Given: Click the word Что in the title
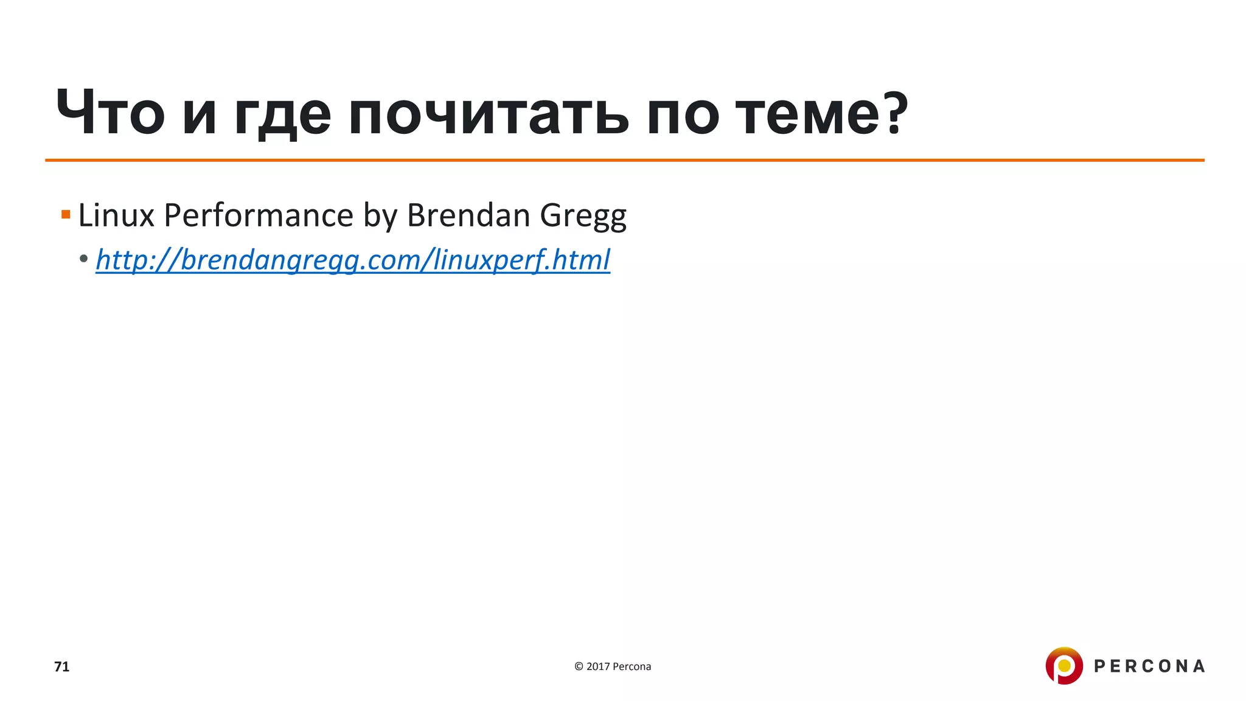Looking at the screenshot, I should point(110,114).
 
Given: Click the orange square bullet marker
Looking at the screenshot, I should point(66,214).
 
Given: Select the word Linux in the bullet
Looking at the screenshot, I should point(116,215).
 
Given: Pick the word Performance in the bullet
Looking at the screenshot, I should point(259,215).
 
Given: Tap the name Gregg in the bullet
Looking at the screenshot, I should point(583,217).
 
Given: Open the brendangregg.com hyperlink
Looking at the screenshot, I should point(353,260).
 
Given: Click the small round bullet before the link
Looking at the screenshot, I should point(84,258).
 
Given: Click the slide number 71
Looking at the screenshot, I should point(62,667).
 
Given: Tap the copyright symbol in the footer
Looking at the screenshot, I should point(579,667).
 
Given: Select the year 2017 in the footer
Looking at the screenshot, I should point(598,667).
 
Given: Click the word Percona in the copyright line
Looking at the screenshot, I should point(632,667).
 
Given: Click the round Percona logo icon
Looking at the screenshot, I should point(1064,666).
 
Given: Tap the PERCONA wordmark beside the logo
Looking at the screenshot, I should point(1149,666).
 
